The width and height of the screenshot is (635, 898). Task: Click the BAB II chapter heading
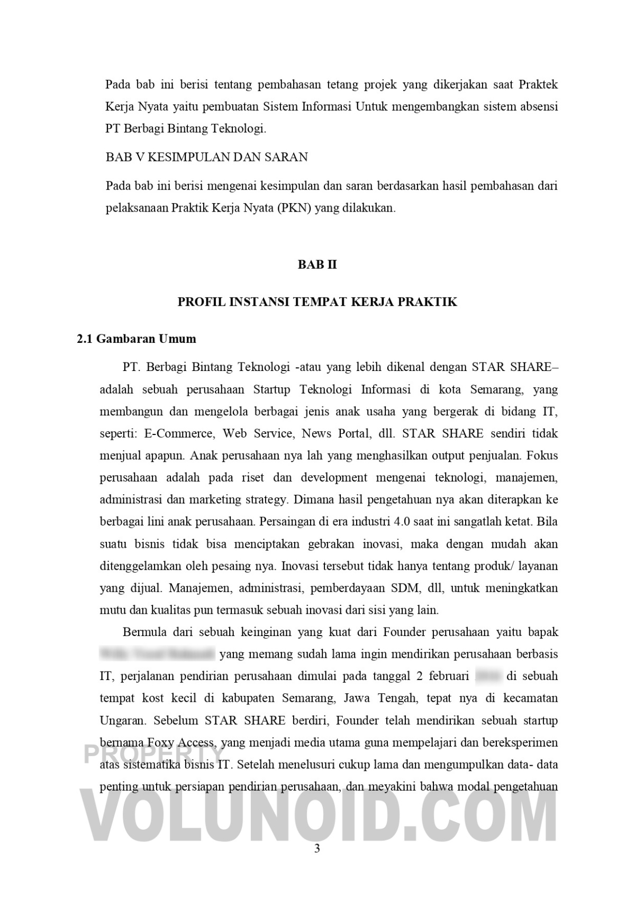[317, 265]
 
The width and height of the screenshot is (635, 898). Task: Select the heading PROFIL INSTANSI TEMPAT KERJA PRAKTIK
[317, 302]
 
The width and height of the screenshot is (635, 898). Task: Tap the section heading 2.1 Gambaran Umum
[136, 339]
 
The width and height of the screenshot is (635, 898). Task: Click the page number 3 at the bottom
[317, 849]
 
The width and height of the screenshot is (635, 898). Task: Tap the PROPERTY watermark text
[153, 754]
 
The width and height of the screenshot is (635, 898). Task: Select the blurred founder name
[157, 654]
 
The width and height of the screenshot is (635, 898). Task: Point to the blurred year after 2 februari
[488, 676]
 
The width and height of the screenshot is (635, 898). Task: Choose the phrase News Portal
[335, 434]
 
